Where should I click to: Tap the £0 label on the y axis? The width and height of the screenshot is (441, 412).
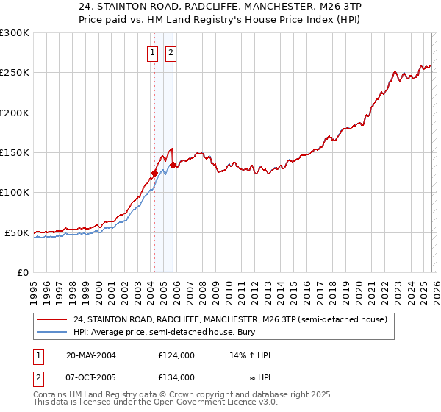(22, 272)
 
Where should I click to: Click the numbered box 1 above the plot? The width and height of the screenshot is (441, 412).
(152, 52)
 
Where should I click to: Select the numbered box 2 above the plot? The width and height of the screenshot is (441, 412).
(171, 52)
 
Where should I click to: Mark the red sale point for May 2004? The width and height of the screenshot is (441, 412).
(154, 174)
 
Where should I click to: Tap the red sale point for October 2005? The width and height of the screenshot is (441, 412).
(173, 166)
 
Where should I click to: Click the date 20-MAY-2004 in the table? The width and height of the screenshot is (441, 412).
(90, 355)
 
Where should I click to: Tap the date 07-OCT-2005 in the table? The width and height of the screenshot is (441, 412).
(90, 377)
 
